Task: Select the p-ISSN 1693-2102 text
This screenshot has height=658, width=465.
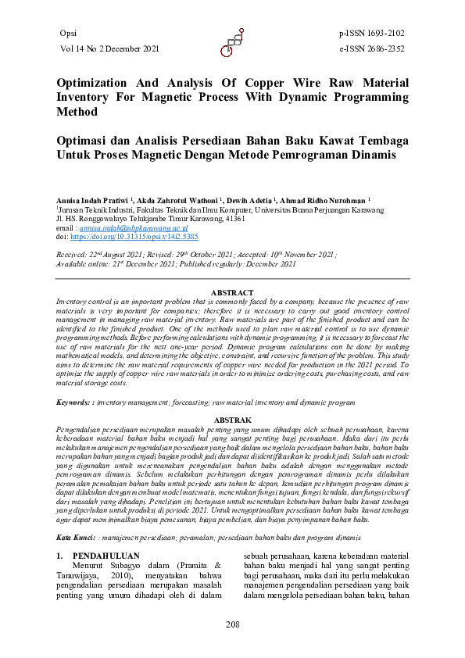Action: [x=372, y=33]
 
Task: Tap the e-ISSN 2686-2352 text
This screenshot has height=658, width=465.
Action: [x=372, y=48]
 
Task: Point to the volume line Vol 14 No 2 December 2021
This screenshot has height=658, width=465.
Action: [x=109, y=48]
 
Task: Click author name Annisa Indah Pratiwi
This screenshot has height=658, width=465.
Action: [x=93, y=201]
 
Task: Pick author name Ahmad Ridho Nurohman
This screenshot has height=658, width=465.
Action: [x=324, y=201]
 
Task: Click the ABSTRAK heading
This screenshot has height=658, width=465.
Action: [x=232, y=420]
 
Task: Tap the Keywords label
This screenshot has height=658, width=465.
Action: [x=73, y=402]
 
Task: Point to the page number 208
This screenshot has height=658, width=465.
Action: [x=232, y=624]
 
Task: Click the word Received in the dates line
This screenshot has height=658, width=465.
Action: [x=73, y=256]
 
